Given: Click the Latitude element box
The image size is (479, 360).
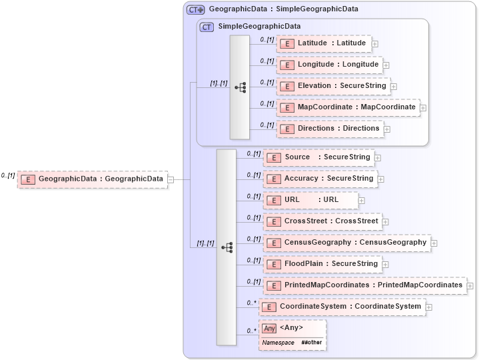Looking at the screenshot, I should coord(324,43).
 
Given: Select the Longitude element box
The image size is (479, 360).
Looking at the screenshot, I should coord(329,65).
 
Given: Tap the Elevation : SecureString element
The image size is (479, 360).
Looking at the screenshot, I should coord(332,86).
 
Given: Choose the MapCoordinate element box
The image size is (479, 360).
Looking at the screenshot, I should coord(348,107).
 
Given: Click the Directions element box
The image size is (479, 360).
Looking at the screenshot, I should coord(330,129).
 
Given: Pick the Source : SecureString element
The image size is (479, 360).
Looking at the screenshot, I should coord(318,157).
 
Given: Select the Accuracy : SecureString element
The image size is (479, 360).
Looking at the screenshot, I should coord(320,179).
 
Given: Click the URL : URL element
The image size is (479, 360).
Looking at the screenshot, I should coord(310,200).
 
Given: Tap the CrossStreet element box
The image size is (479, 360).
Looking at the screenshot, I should coord(322,221).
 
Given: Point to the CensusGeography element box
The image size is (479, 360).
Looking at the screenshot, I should coord(346,243).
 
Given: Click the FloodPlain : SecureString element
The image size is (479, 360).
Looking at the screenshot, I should coord(322,264).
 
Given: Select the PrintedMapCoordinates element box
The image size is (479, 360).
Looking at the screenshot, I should coord(364,285).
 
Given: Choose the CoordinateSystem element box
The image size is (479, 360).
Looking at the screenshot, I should coord(342,307).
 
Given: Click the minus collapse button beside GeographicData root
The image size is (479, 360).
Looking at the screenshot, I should coord(171,179).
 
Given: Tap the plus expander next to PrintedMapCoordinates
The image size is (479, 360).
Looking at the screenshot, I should coord(470,286).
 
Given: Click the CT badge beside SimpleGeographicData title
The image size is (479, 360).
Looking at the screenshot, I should coord(207,27).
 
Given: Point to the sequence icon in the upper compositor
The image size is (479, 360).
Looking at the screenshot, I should coord(240,87).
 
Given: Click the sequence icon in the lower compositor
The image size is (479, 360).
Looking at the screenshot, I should coord(227,247).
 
